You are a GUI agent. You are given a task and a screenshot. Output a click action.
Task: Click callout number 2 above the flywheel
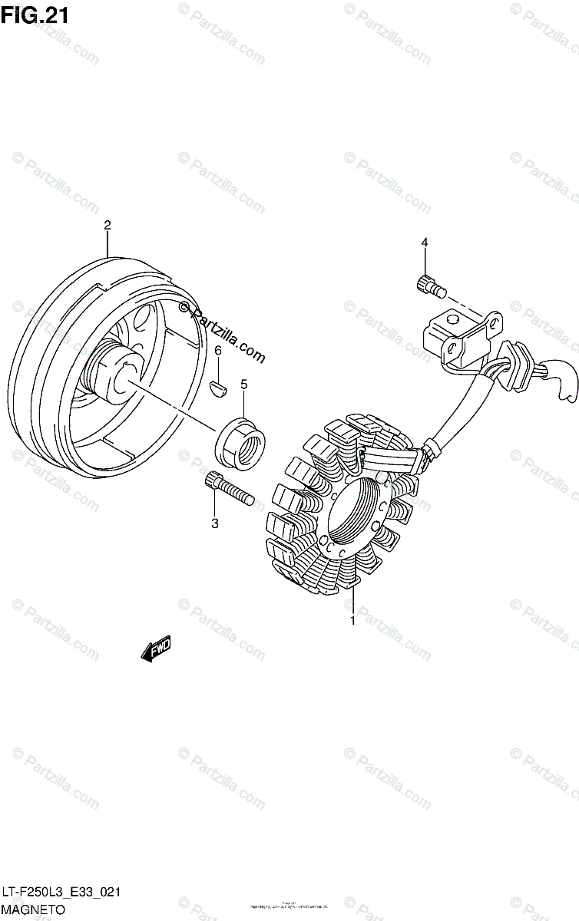click(108, 225)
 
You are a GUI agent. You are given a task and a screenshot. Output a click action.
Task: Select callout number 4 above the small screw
click(424, 243)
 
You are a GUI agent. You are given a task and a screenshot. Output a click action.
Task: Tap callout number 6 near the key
click(218, 351)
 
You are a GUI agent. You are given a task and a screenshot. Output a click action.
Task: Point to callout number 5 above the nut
click(243, 384)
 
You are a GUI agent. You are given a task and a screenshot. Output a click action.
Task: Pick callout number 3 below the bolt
click(215, 523)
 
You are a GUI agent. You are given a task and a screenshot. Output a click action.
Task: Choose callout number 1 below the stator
click(352, 621)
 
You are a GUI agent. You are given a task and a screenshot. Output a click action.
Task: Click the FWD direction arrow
click(156, 649)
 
